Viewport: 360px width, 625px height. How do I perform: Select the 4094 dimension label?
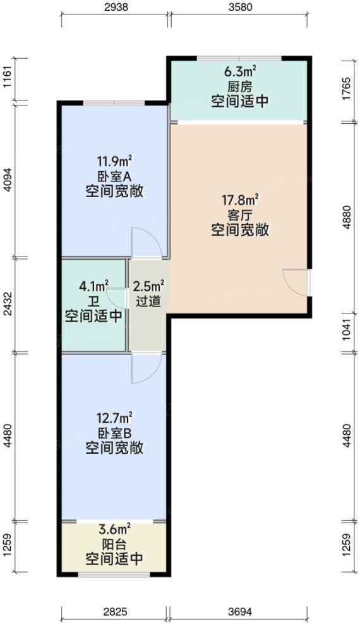click(x=7, y=179)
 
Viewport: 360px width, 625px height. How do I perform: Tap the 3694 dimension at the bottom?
click(x=241, y=612)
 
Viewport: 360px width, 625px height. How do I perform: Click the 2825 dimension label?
click(x=114, y=612)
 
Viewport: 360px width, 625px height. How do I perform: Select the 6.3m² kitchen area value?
click(x=240, y=71)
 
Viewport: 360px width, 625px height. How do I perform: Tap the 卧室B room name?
click(x=114, y=434)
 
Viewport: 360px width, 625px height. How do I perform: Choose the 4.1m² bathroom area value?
click(x=93, y=286)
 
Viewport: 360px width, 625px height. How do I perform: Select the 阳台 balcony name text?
click(x=114, y=545)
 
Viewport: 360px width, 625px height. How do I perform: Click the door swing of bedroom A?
click(x=144, y=243)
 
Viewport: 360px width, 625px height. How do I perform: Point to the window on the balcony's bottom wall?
click(x=114, y=574)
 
